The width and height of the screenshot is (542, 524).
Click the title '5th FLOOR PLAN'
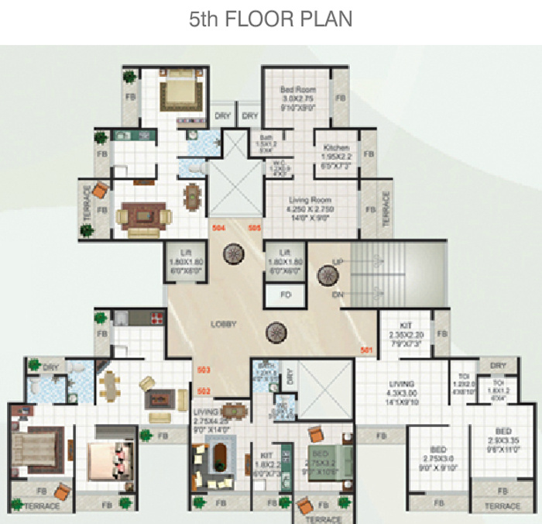(270, 19)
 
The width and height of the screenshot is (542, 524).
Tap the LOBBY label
(223, 324)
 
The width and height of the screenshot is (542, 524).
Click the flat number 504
(219, 228)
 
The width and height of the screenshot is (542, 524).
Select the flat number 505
(255, 228)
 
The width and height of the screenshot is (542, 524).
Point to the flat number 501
(366, 350)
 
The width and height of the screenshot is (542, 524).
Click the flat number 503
(204, 369)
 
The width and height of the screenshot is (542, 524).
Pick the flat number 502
(204, 390)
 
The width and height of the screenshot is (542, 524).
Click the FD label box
(286, 295)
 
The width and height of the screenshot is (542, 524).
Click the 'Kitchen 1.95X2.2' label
(336, 152)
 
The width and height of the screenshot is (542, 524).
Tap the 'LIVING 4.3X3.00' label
(402, 390)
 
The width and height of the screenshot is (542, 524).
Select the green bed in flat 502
(318, 461)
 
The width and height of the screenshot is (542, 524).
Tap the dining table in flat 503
(111, 385)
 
